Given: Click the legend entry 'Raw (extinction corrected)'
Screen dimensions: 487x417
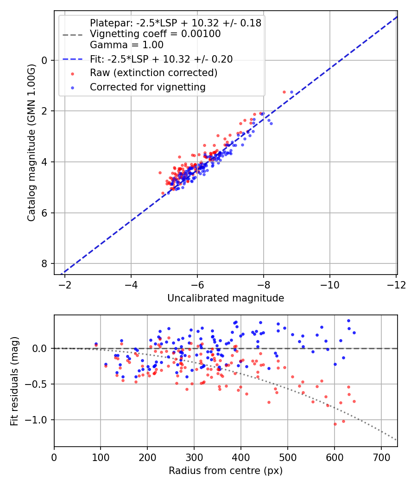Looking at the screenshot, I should coord(153,73).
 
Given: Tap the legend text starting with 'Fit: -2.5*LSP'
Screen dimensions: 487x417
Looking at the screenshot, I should coord(161,59).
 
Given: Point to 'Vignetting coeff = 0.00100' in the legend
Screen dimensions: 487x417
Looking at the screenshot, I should coord(155,34).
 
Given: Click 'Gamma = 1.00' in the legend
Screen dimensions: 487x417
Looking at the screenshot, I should coord(126,45).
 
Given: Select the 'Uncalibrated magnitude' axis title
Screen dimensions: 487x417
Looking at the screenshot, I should coord(226,298).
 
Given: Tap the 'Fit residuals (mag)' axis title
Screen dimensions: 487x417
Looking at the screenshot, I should coord(15,381).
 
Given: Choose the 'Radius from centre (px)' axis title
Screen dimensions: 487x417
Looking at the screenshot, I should coord(226,471).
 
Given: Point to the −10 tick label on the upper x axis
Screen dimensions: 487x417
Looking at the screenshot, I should coord(329,284).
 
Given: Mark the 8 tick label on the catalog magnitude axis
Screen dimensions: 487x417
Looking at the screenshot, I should coord(44,263).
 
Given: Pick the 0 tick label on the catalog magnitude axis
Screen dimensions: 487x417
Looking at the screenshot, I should coord(44,60).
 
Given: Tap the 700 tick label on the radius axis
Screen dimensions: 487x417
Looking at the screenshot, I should coord(381,457).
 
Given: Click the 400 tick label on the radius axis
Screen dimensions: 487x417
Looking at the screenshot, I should coord(240,457).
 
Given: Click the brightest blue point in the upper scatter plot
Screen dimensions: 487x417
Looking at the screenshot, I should coord(291,92).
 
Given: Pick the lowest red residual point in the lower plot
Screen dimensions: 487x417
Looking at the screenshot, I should coord(335,424).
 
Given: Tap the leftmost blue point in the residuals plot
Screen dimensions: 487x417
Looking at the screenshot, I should coord(96,344).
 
